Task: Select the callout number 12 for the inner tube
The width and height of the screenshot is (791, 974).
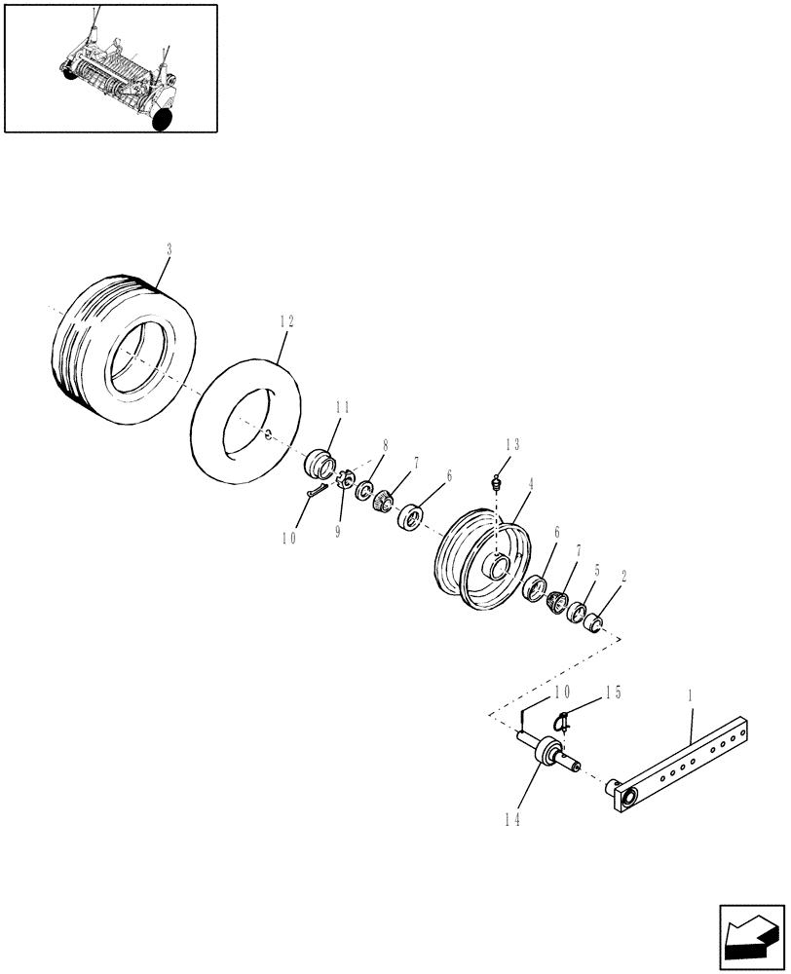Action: point(285,321)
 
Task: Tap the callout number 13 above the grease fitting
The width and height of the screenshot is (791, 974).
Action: point(512,444)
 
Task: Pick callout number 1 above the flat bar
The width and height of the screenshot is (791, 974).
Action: point(690,696)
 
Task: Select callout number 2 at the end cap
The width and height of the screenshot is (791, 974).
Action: point(623,576)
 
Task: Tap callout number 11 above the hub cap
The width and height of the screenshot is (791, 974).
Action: point(343,408)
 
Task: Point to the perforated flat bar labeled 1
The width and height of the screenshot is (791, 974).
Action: point(682,769)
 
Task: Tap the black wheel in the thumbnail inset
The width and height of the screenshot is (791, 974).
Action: point(163,119)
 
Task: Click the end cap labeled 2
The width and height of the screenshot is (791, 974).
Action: point(595,619)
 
